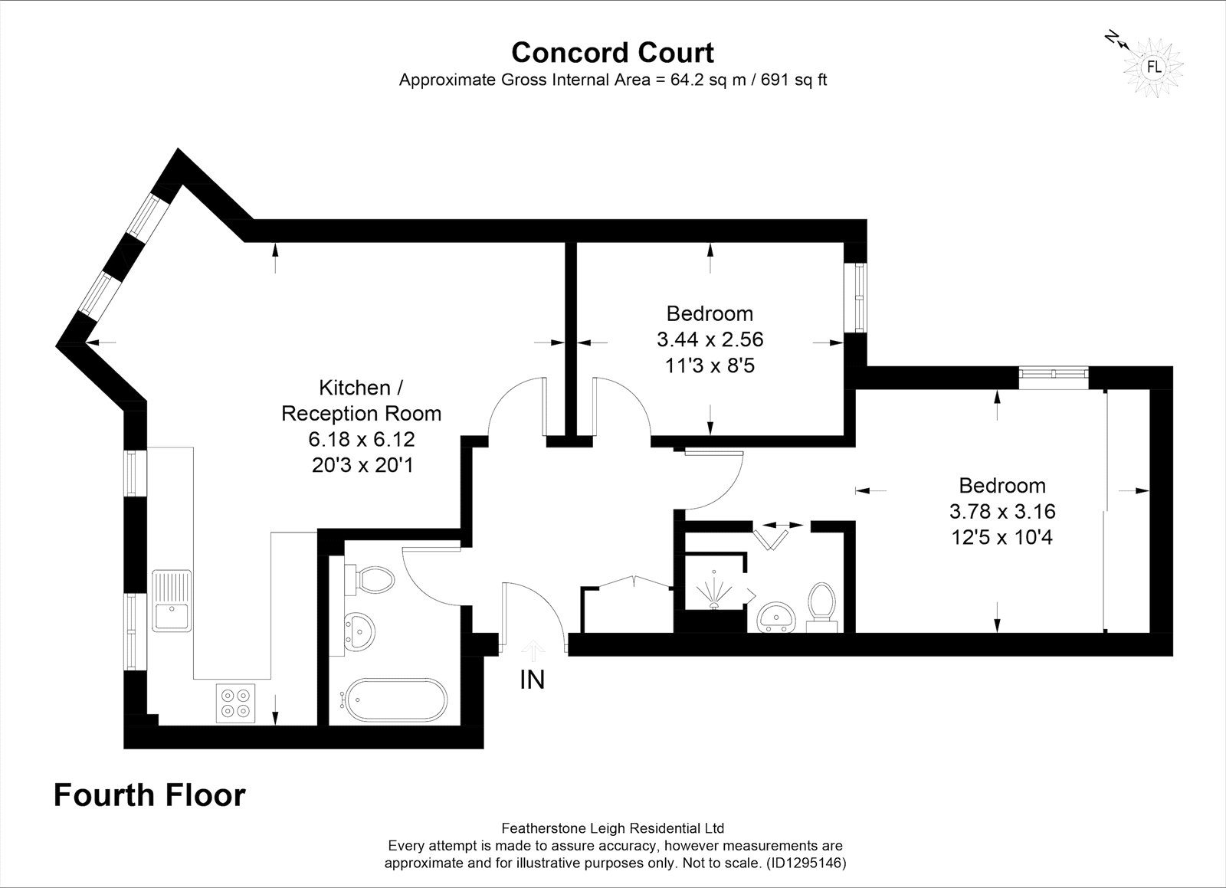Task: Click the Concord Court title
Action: pyautogui.click(x=612, y=53)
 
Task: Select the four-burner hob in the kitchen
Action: pyautogui.click(x=235, y=703)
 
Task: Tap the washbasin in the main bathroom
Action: pyautogui.click(x=359, y=633)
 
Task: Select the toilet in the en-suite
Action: pyautogui.click(x=822, y=608)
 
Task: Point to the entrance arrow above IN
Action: pyautogui.click(x=533, y=651)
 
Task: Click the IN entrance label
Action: pyautogui.click(x=533, y=680)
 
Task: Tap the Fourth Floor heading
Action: pyautogui.click(x=149, y=795)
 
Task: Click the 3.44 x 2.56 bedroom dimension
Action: pyautogui.click(x=710, y=339)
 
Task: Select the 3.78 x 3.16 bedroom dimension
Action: pyautogui.click(x=1002, y=511)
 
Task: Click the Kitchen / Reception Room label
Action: pyautogui.click(x=361, y=401)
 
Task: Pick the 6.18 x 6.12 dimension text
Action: pyautogui.click(x=362, y=439)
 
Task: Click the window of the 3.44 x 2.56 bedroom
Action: pyautogui.click(x=861, y=297)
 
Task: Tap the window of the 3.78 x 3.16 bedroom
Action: pyautogui.click(x=1053, y=374)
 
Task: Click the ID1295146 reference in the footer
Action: pyautogui.click(x=806, y=863)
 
